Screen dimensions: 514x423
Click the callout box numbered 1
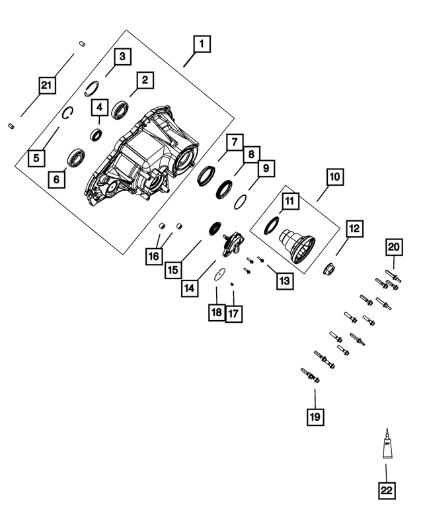tap(201, 44)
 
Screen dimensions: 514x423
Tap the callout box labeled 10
tap(333, 177)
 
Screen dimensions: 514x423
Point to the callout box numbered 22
tap(386, 490)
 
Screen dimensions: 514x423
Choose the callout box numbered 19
tap(315, 416)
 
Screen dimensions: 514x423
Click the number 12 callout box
tap(354, 229)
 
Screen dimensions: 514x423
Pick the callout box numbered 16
tap(153, 255)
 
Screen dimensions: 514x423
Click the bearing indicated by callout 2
tap(121, 109)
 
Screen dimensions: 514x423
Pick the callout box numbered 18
tap(216, 313)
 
